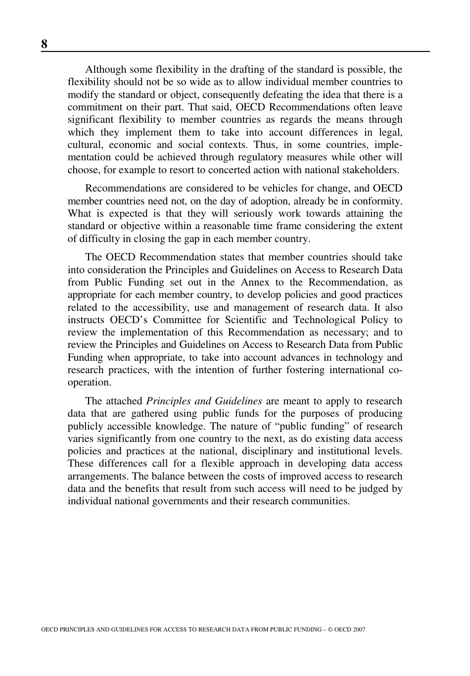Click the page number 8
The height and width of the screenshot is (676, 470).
coord(45,44)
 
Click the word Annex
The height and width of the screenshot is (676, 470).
coord(255,283)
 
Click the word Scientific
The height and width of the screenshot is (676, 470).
coord(245,320)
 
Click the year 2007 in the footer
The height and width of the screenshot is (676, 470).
coord(359,630)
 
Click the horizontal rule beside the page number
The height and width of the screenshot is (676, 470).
coord(237,51)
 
